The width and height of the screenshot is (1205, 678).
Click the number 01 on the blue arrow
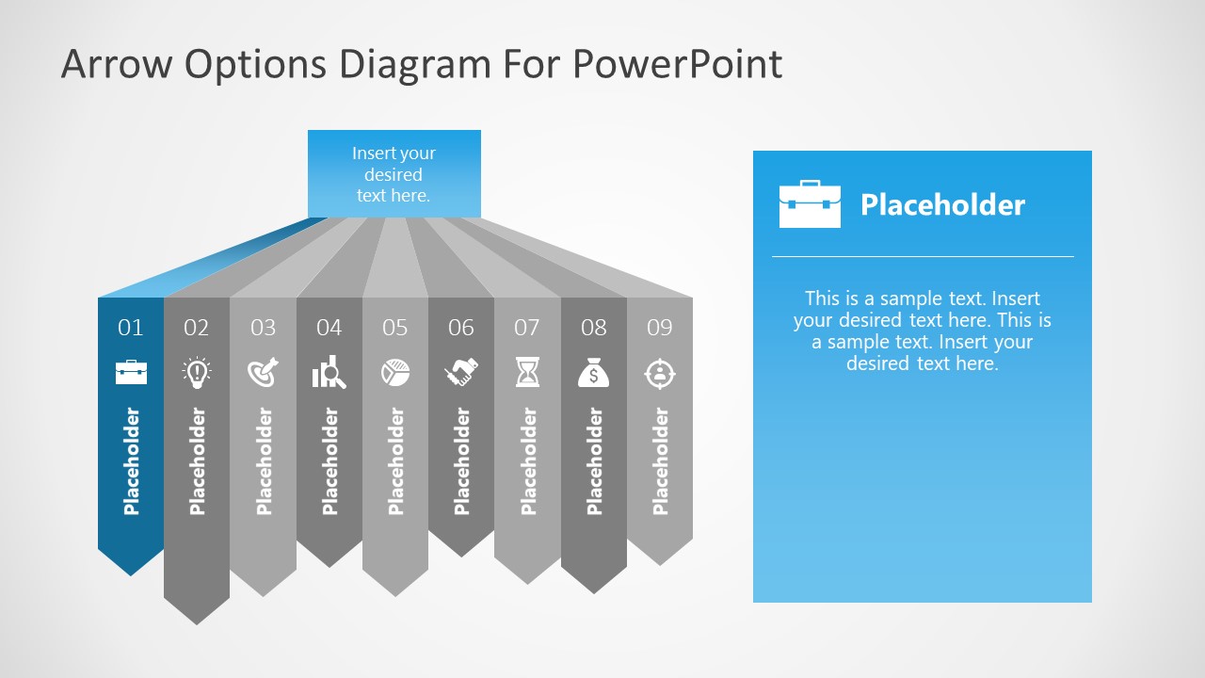point(131,328)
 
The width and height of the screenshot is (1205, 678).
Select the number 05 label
point(395,328)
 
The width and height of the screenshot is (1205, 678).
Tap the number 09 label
point(660,328)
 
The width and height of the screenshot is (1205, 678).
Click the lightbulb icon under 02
point(197,373)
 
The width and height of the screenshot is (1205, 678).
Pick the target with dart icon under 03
point(264,373)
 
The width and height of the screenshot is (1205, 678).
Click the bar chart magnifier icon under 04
point(329,374)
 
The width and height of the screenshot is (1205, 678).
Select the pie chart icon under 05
point(395,373)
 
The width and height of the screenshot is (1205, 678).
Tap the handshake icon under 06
point(461,373)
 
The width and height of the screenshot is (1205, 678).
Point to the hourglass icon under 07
point(527,373)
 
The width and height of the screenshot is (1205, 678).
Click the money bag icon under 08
point(593,373)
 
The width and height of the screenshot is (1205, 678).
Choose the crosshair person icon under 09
point(660,373)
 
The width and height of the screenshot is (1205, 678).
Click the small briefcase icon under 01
point(131,372)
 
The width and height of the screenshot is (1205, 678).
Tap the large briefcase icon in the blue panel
point(810,204)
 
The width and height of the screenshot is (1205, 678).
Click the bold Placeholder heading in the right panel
point(942,205)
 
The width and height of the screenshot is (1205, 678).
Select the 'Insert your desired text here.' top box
point(394,174)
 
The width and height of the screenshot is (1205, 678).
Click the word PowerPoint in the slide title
point(677,64)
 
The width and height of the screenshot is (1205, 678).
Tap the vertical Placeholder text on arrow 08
point(594,461)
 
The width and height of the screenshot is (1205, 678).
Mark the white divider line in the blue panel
point(923,256)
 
